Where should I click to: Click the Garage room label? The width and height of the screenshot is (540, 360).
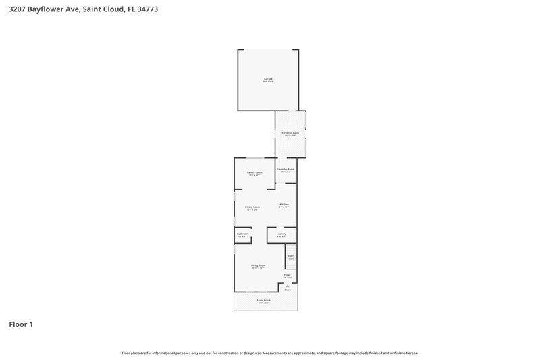coord(268,80)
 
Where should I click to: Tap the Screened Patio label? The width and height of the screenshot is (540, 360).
coord(290,134)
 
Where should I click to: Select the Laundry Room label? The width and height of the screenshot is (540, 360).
coord(286,170)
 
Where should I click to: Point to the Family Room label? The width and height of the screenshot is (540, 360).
coord(254,173)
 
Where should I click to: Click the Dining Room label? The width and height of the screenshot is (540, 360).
coord(252,207)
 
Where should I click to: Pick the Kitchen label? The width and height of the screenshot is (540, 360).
coord(284,205)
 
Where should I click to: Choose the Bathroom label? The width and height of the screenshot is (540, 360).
coord(243,234)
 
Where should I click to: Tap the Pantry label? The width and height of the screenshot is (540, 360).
coord(282,234)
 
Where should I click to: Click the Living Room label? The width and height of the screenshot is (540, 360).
coord(258,266)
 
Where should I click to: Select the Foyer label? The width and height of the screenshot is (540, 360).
coord(287,276)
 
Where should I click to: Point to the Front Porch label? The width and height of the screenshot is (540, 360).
coord(263,301)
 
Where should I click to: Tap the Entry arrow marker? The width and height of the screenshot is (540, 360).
coord(287,286)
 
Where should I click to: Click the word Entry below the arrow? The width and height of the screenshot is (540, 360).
coord(287,290)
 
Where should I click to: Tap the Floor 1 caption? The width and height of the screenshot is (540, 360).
coord(21,324)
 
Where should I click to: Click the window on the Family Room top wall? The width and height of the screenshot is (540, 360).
coord(254,159)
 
